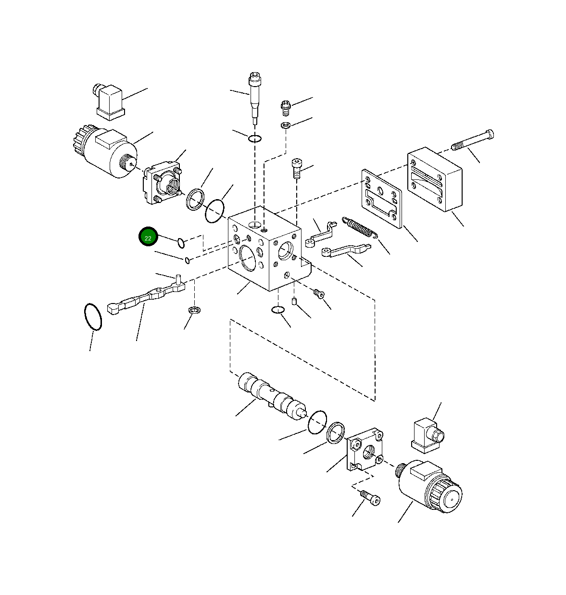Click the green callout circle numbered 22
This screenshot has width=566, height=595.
(148, 238)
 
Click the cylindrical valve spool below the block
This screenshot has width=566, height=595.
(272, 395)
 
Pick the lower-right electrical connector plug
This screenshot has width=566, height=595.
(426, 435)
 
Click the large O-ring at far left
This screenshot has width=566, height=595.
(92, 316)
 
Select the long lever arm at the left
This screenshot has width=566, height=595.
(146, 298)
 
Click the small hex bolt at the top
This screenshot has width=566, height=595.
(286, 107)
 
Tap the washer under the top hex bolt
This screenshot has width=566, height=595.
(286, 126)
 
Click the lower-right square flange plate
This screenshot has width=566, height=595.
(364, 449)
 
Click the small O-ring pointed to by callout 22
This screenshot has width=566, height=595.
(181, 243)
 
